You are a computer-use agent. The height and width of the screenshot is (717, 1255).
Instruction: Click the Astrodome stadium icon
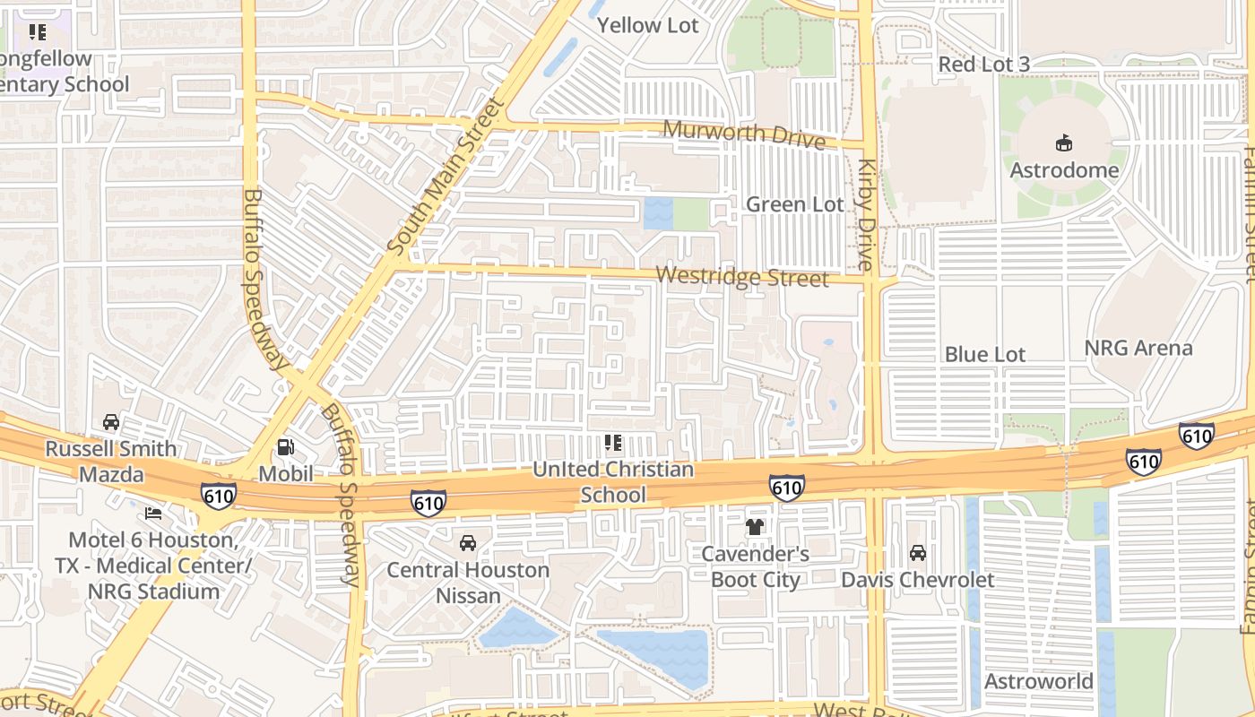pyautogui.click(x=1064, y=143)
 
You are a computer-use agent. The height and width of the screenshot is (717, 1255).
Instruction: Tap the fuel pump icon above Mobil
pyautogui.click(x=285, y=446)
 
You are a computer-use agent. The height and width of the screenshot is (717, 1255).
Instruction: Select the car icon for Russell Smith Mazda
pyautogui.click(x=111, y=422)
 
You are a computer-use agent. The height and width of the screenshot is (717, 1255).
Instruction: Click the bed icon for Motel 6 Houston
pyautogui.click(x=154, y=514)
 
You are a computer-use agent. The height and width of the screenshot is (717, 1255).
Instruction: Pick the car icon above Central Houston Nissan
pyautogui.click(x=468, y=543)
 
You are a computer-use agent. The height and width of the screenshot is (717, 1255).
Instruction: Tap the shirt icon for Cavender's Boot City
pyautogui.click(x=755, y=527)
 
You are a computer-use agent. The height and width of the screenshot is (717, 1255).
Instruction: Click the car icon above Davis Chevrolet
pyautogui.click(x=917, y=553)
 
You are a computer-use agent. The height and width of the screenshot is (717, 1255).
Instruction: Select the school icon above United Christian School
pyautogui.click(x=613, y=443)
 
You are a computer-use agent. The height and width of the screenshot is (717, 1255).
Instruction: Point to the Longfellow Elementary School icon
pyautogui.click(x=37, y=33)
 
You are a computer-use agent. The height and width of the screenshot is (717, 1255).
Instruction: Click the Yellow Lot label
pyautogui.click(x=647, y=25)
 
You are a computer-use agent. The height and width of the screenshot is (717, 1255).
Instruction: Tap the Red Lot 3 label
pyautogui.click(x=983, y=65)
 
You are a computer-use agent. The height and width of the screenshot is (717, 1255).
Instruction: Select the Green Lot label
pyautogui.click(x=795, y=204)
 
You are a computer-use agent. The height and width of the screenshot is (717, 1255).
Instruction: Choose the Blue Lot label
pyautogui.click(x=984, y=354)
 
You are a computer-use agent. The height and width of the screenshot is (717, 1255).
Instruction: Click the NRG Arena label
pyautogui.click(x=1138, y=348)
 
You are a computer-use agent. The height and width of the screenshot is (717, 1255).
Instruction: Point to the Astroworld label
pyautogui.click(x=1038, y=681)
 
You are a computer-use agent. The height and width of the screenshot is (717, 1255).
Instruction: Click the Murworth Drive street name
pyautogui.click(x=743, y=134)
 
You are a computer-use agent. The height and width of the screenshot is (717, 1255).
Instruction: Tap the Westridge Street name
pyautogui.click(x=742, y=277)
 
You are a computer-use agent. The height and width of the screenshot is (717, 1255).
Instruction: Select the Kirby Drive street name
pyautogui.click(x=866, y=215)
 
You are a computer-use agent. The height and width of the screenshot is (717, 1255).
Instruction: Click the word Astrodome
pyautogui.click(x=1064, y=170)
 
